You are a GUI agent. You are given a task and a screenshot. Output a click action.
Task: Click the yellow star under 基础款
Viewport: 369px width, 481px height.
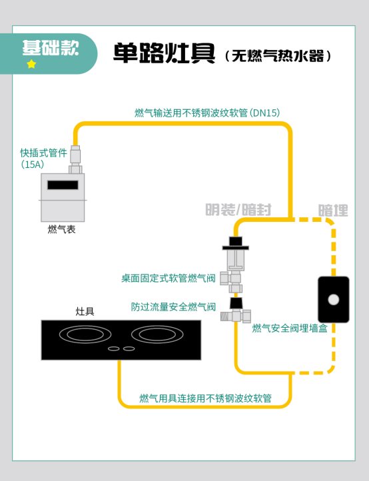31,64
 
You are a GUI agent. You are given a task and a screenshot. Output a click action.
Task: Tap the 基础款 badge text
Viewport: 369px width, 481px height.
51,48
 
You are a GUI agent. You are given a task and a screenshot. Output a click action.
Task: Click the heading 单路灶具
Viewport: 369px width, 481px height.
164,53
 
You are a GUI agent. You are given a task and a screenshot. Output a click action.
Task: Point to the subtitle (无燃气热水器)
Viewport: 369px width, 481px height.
278,56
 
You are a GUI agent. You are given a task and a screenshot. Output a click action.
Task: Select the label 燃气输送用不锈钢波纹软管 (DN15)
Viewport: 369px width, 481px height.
207,113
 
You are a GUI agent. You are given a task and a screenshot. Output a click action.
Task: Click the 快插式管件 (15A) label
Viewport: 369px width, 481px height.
43,159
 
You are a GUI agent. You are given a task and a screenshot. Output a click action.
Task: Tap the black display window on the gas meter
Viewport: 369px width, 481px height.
63,185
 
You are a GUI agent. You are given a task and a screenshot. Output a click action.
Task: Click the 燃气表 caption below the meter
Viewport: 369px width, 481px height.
62,229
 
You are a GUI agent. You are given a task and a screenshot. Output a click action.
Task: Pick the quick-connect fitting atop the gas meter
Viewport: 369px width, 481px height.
75,159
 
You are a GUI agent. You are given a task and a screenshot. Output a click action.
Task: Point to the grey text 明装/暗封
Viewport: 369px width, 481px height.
238,210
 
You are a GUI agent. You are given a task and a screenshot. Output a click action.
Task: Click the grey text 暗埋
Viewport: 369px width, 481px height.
333,211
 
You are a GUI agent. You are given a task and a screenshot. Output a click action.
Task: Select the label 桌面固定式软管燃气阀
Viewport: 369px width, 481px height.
169,278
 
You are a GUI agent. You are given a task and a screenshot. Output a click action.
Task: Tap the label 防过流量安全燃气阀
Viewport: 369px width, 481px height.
173,306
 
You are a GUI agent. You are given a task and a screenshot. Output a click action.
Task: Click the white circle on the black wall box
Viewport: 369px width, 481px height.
334,299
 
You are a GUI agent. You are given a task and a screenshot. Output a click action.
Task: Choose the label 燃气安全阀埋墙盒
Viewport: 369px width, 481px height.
290,328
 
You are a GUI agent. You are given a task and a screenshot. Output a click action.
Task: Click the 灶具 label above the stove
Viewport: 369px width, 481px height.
85,311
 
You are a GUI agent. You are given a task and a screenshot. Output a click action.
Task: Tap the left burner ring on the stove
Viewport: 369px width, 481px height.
85,334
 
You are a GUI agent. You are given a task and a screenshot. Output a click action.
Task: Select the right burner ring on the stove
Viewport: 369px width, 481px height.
157,334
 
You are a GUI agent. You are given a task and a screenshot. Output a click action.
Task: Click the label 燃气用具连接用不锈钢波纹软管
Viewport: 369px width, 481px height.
206,398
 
